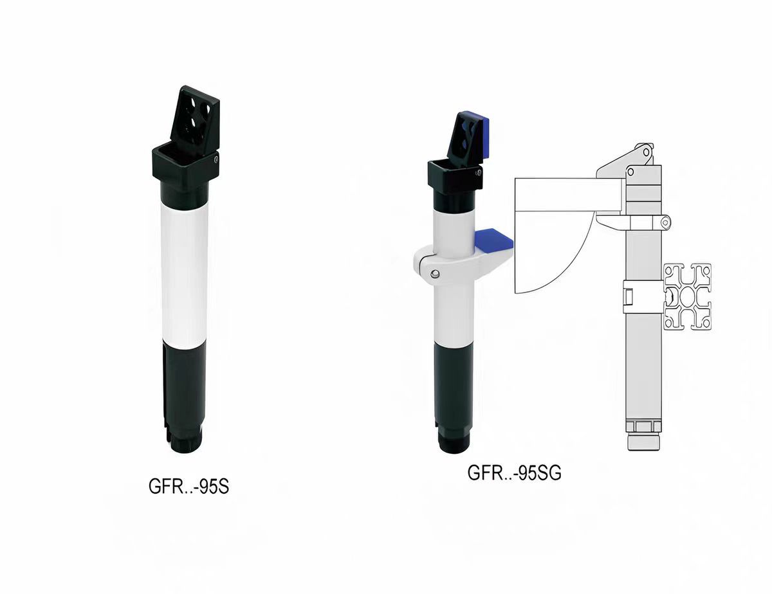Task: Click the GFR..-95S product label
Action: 188,486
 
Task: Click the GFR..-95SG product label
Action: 514,473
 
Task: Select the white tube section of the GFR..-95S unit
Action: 185,273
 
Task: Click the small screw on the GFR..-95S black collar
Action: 216,159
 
